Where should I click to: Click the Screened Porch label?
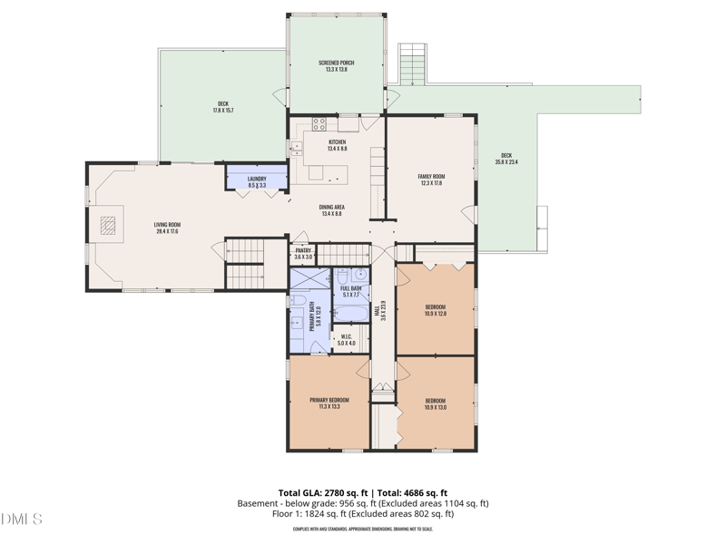point(336,66)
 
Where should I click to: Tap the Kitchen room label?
point(337,145)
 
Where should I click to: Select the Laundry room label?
point(257,181)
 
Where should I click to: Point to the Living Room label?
point(167,228)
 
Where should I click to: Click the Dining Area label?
point(332,210)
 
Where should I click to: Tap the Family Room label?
point(431,180)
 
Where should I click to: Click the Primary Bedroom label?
point(329,403)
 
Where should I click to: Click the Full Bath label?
point(351,291)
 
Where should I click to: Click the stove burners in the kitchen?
point(319,125)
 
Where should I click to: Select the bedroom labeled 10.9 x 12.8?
point(436,310)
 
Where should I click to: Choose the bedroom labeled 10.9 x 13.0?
point(436,403)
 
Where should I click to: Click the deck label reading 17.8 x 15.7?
point(223,107)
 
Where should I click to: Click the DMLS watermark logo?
point(22,520)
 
